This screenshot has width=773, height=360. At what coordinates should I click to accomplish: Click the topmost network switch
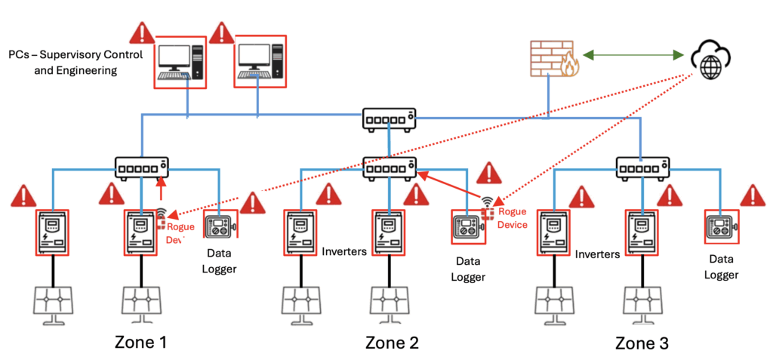pyautogui.click(x=388, y=118)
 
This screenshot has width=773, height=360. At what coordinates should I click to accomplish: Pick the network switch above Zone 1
pyautogui.click(x=141, y=166)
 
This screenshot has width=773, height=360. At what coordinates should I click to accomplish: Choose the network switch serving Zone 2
pyautogui.click(x=388, y=166)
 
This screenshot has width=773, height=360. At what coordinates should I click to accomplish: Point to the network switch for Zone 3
pyautogui.click(x=642, y=166)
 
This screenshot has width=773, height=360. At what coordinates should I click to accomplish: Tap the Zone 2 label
pyautogui.click(x=392, y=342)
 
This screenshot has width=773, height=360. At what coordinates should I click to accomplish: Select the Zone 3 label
pyautogui.click(x=642, y=343)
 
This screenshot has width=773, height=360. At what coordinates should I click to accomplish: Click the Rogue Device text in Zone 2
pyautogui.click(x=512, y=218)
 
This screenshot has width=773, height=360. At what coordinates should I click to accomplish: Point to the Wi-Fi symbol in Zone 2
pyautogui.click(x=488, y=201)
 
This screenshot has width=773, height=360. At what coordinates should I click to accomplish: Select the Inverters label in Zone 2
pyautogui.click(x=344, y=251)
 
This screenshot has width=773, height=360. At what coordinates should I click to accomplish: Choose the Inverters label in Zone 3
pyautogui.click(x=597, y=254)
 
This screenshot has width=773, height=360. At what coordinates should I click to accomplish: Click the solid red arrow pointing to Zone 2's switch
pyautogui.click(x=452, y=186)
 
